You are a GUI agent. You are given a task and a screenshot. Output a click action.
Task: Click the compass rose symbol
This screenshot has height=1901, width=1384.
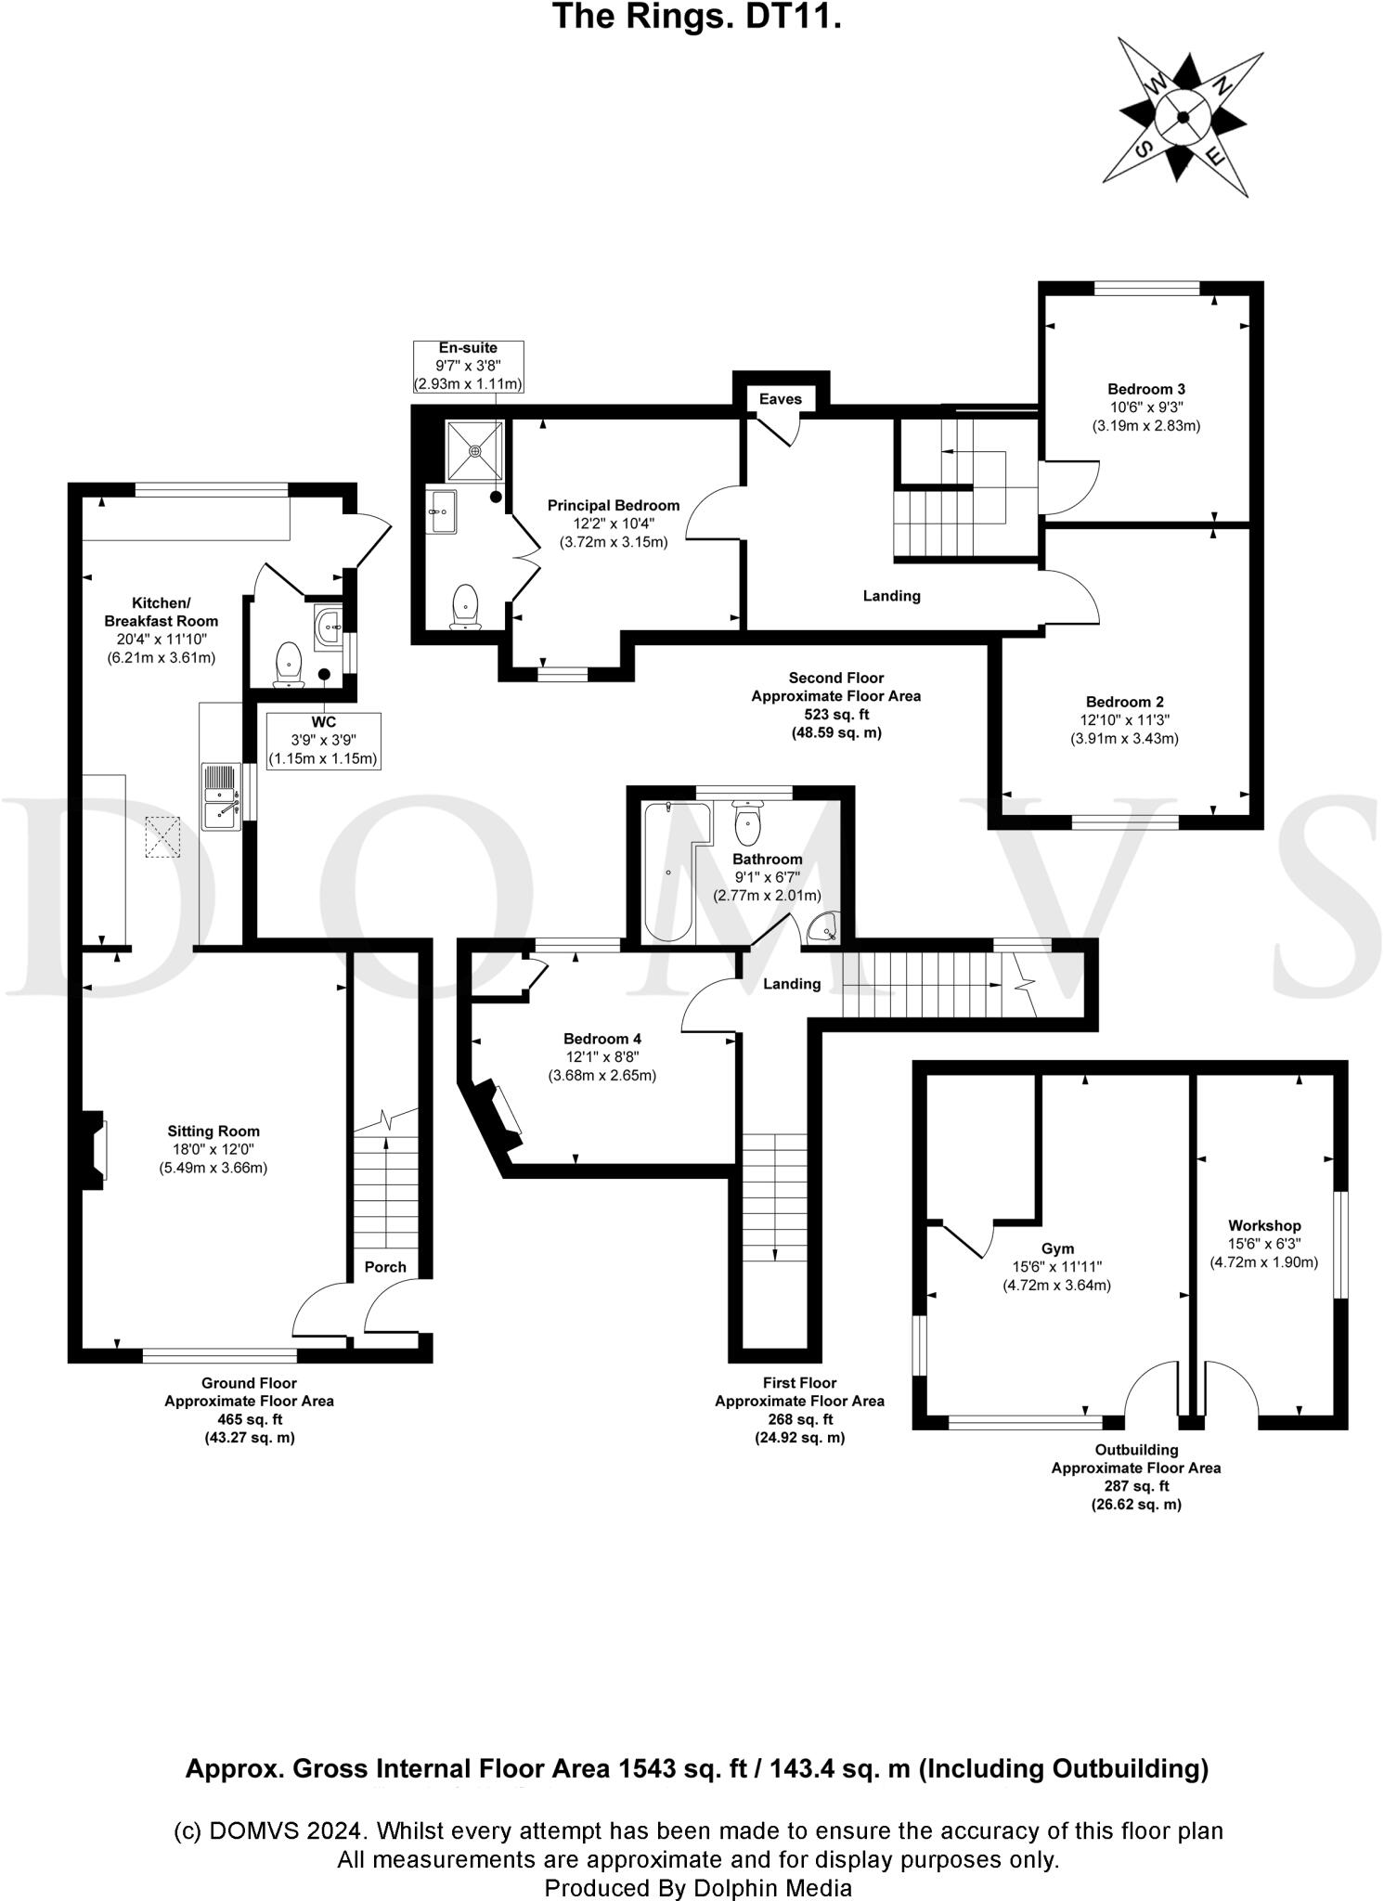pos(1183,117)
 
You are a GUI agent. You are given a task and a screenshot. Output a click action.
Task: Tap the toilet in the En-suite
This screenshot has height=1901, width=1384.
pos(464,608)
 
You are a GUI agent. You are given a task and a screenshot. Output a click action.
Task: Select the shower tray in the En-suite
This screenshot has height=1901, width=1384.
pos(475,451)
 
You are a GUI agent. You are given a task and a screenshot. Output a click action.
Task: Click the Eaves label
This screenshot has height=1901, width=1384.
pos(780,399)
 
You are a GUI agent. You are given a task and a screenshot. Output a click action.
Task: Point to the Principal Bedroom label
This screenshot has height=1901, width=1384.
pos(613,506)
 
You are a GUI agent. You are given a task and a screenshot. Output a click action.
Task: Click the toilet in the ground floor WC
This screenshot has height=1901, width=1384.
pos(290,665)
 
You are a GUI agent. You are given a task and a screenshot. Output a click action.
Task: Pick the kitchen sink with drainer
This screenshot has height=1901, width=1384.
pos(222,796)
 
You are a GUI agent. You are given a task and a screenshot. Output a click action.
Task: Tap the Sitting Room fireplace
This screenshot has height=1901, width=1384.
pos(95,1150)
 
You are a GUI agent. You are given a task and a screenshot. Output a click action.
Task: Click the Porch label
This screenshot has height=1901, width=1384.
pos(385,1267)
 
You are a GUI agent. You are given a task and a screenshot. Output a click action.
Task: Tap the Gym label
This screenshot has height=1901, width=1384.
pos(1057,1249)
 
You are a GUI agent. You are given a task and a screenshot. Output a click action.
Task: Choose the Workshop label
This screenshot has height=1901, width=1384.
pos(1263,1226)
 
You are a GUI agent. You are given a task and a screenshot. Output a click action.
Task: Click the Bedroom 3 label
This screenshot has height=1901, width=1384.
pos(1145,389)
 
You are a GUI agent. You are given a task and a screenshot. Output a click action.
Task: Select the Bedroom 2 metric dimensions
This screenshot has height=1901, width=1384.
pos(1124,739)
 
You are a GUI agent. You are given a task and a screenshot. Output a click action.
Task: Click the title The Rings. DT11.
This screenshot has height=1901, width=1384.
pos(697,17)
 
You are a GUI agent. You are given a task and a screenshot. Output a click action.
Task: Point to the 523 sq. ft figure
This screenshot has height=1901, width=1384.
pos(835,715)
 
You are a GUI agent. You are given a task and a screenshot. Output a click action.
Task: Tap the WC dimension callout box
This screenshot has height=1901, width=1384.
pos(323,741)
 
